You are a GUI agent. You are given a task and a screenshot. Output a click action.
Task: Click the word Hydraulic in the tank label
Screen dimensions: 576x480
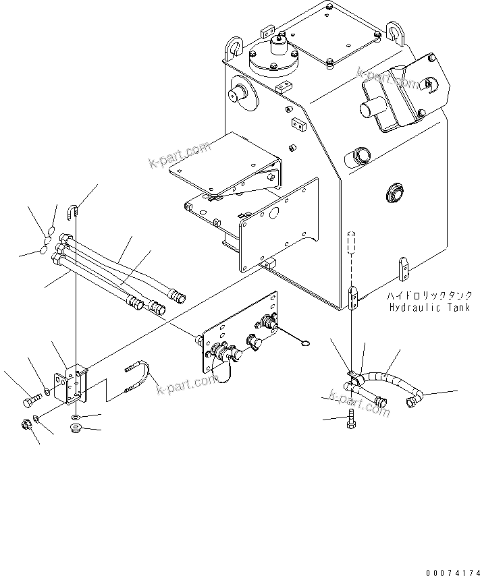(413, 308)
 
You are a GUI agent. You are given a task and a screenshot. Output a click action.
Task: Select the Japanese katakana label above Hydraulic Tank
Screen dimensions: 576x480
(429, 296)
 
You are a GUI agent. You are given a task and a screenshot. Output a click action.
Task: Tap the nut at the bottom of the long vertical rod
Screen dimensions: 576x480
(76, 430)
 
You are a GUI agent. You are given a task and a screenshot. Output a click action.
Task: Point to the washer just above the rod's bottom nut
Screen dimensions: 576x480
(77, 418)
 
